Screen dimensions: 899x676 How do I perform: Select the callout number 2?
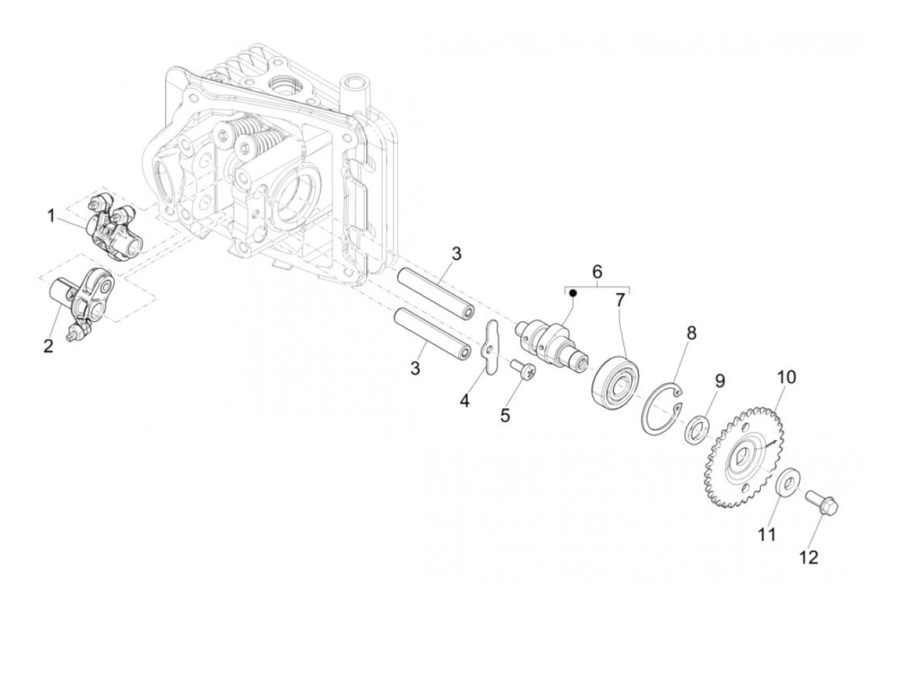[x=48, y=346]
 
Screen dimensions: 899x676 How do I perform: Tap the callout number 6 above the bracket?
[x=597, y=272]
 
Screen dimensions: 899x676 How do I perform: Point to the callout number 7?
[x=620, y=300]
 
